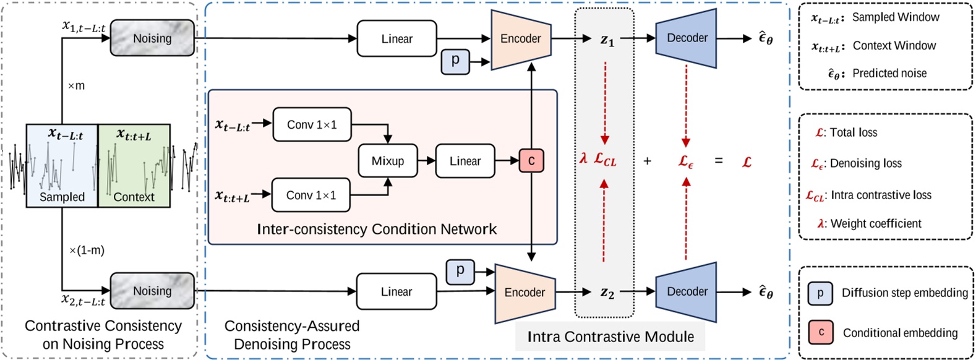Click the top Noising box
(x=152, y=38)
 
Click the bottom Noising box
(x=152, y=291)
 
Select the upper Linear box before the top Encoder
(x=396, y=38)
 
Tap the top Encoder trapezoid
(x=520, y=38)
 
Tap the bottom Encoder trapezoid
(x=524, y=292)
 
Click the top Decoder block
(x=687, y=38)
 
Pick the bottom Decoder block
(x=687, y=291)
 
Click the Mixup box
(x=388, y=161)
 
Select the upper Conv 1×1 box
(x=312, y=124)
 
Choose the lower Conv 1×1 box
(x=311, y=195)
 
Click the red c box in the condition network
(x=531, y=161)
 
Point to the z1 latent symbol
(x=607, y=40)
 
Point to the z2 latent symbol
(x=607, y=293)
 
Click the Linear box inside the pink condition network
(x=465, y=161)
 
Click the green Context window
(x=134, y=166)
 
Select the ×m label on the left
(x=75, y=85)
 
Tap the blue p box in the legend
(x=820, y=293)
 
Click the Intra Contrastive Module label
(x=610, y=336)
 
